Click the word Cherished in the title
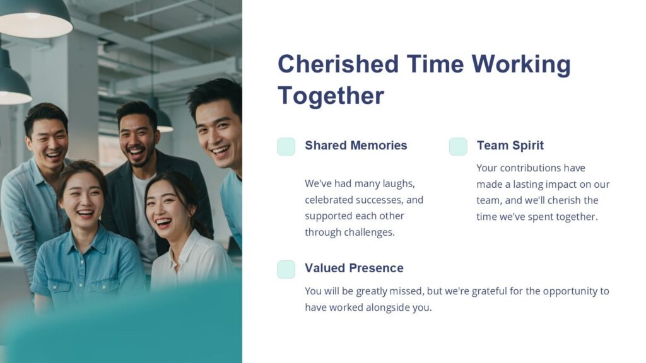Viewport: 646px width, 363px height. click(338, 64)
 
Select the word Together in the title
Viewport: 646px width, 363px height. click(331, 96)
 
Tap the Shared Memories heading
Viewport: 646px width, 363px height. click(356, 146)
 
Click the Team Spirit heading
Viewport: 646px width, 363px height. click(510, 146)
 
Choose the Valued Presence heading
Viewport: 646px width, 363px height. click(354, 268)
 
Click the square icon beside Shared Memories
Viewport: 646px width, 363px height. click(286, 146)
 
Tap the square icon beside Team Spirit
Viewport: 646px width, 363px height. click(458, 146)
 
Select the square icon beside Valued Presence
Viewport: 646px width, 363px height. click(286, 269)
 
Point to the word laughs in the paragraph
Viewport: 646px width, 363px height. click(397, 183)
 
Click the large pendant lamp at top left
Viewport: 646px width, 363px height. click(35, 19)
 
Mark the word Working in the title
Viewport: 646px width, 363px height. click(520, 64)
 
